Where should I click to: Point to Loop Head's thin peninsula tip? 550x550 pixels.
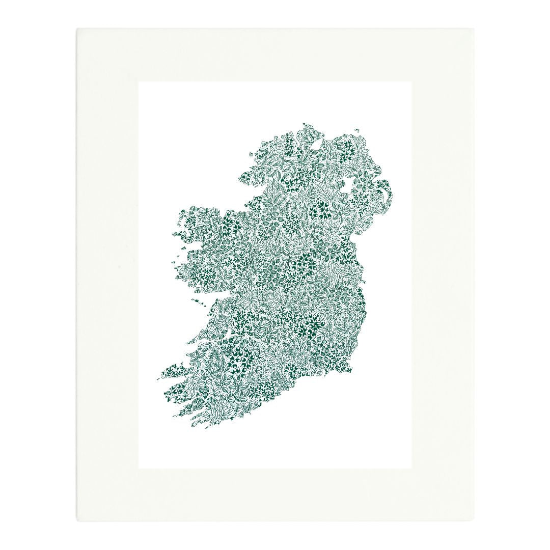click(x=189, y=342)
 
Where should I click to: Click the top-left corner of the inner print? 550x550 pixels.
click(x=139, y=82)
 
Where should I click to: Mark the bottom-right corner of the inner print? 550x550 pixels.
click(x=411, y=468)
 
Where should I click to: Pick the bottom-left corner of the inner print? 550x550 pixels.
click(x=139, y=468)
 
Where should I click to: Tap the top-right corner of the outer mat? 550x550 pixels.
click(x=474, y=29)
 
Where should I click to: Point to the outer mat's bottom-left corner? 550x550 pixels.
click(x=77, y=521)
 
